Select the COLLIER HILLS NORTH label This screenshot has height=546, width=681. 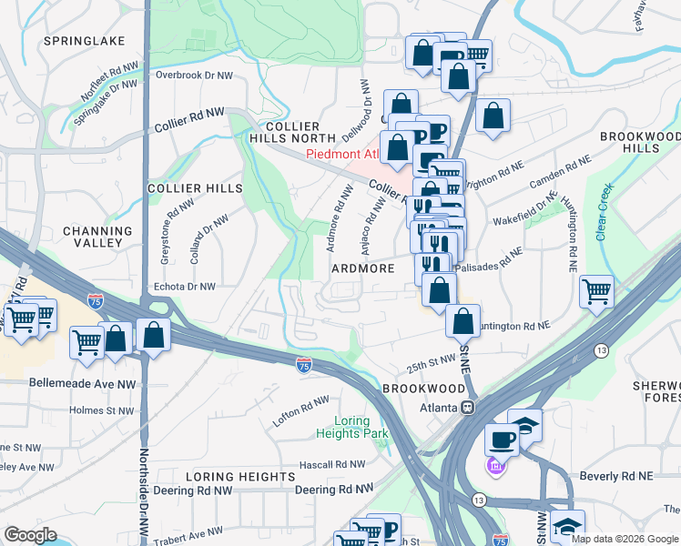click(x=290, y=132)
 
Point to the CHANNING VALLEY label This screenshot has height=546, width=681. click(x=92, y=237)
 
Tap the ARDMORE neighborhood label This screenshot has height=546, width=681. click(x=363, y=268)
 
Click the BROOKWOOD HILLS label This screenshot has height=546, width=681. click(x=641, y=141)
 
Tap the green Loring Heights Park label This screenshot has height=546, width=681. click(x=351, y=427)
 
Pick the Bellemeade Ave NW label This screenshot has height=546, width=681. click(x=82, y=384)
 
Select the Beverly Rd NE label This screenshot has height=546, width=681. click(x=617, y=476)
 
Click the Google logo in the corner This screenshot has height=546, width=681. click(x=31, y=535)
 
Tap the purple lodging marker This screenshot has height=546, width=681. click(x=495, y=468)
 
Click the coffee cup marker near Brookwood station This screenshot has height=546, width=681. click(x=502, y=439)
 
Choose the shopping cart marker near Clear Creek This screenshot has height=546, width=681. click(x=595, y=292)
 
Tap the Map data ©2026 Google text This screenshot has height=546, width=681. click(x=624, y=539)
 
